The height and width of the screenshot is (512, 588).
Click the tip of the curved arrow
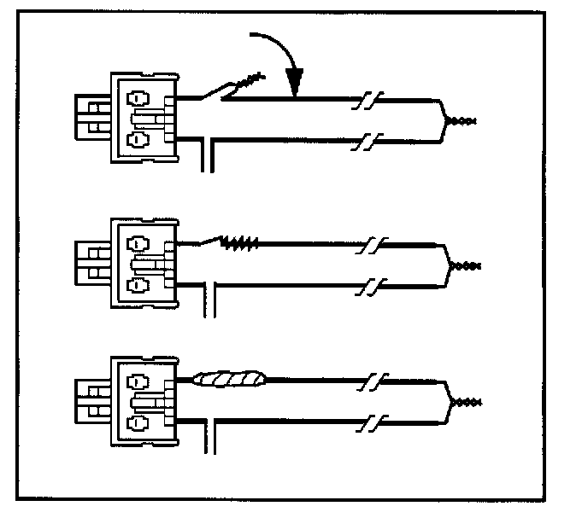click(x=296, y=92)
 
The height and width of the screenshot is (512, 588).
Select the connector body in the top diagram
click(x=144, y=117)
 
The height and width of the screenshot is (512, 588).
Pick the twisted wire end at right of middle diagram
click(x=467, y=265)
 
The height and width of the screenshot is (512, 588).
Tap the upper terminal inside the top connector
click(x=138, y=96)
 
